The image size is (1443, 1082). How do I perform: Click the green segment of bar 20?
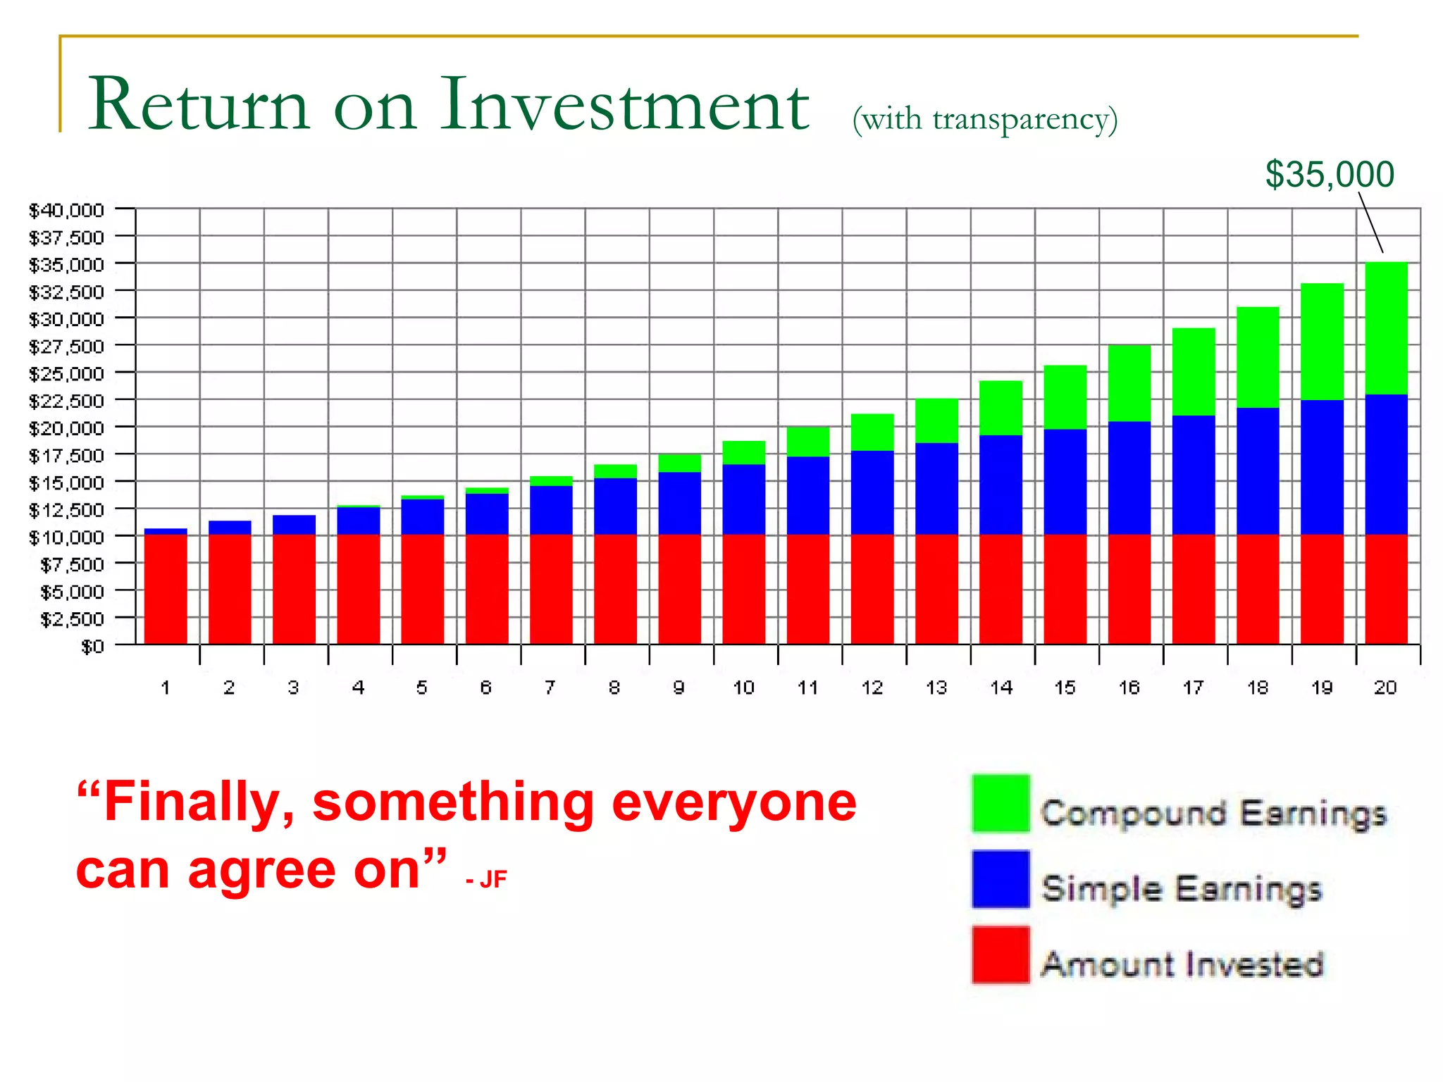pyautogui.click(x=1386, y=328)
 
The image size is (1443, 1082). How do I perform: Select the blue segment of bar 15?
pyautogui.click(x=1065, y=481)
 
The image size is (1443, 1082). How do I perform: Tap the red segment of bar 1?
pyautogui.click(x=166, y=589)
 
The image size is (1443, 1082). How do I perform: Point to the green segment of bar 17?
pyautogui.click(x=1194, y=371)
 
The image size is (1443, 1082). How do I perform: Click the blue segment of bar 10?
pyautogui.click(x=743, y=499)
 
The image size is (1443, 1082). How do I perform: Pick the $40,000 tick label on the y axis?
pyautogui.click(x=66, y=210)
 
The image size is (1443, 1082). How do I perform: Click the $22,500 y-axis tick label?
pyautogui.click(x=66, y=401)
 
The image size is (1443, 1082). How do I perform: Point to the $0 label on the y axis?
pyautogui.click(x=92, y=646)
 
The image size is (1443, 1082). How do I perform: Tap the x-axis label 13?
pyautogui.click(x=936, y=688)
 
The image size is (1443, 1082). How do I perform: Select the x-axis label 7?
pyautogui.click(x=550, y=688)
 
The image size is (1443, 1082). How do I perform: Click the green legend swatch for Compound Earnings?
pyautogui.click(x=1001, y=804)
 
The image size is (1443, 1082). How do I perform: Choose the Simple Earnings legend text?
pyautogui.click(x=1182, y=888)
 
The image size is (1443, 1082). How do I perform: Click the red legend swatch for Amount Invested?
pyautogui.click(x=1001, y=955)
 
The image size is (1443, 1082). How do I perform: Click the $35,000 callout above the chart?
pyautogui.click(x=1330, y=174)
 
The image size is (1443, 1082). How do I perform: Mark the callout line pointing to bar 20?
pyautogui.click(x=1371, y=223)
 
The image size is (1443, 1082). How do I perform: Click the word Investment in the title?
pyautogui.click(x=624, y=105)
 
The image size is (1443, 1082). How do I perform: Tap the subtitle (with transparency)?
pyautogui.click(x=984, y=118)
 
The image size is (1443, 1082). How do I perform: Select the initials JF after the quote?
pyautogui.click(x=493, y=879)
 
